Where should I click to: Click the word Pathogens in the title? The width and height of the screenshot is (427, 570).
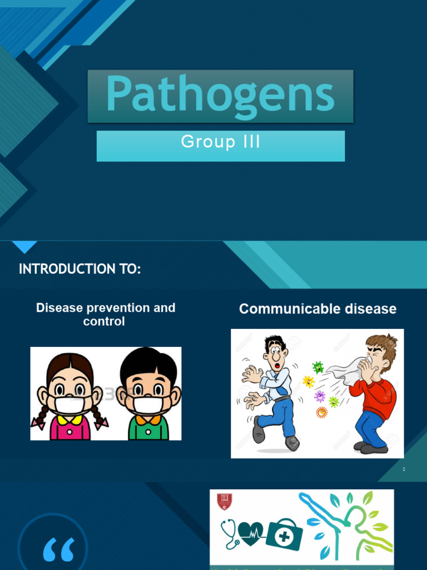[x=220, y=95]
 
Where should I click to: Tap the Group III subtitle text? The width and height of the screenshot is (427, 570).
[x=220, y=142]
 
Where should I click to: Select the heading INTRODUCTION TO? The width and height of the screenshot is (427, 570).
[x=80, y=269]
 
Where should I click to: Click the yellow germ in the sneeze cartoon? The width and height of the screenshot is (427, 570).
[x=308, y=382]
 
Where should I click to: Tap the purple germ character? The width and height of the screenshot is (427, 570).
[x=320, y=396]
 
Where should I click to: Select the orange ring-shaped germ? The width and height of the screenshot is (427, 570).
[x=321, y=412]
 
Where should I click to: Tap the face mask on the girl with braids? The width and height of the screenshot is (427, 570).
[x=69, y=405]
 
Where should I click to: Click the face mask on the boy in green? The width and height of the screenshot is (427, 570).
[x=148, y=405]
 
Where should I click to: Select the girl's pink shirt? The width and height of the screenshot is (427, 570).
[x=70, y=429]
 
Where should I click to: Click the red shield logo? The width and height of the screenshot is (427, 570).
[x=224, y=501]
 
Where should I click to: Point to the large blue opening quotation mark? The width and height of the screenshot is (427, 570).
[x=58, y=550]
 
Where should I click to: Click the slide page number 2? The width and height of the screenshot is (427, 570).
[x=404, y=470]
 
